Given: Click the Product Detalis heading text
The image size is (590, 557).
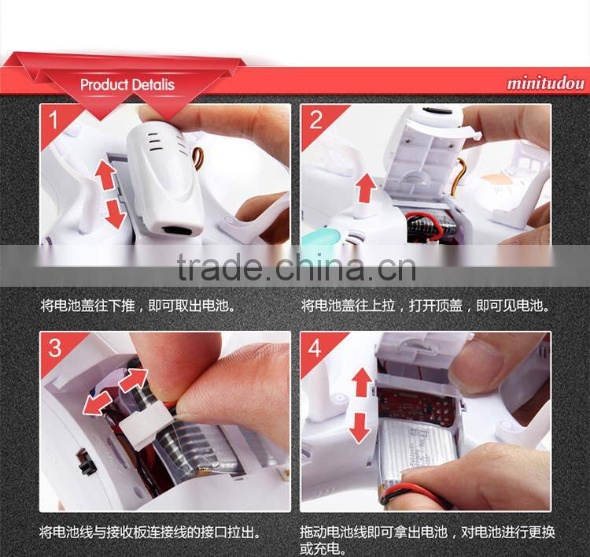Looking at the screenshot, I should click(x=127, y=84).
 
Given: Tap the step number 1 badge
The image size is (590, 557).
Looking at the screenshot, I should click(x=53, y=121).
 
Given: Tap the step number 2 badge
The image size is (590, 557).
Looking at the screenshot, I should click(x=316, y=121).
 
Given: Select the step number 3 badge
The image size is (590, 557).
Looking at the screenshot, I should click(x=54, y=347).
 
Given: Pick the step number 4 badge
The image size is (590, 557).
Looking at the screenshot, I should click(x=316, y=347).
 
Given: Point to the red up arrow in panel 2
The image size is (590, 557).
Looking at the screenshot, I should click(x=364, y=190).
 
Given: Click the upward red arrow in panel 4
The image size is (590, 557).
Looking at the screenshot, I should click(x=360, y=383).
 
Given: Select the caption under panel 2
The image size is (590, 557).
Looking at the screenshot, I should click(x=426, y=305).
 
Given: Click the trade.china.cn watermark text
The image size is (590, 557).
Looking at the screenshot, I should click(x=296, y=267).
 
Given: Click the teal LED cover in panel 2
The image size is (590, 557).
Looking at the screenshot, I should click(x=318, y=236).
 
